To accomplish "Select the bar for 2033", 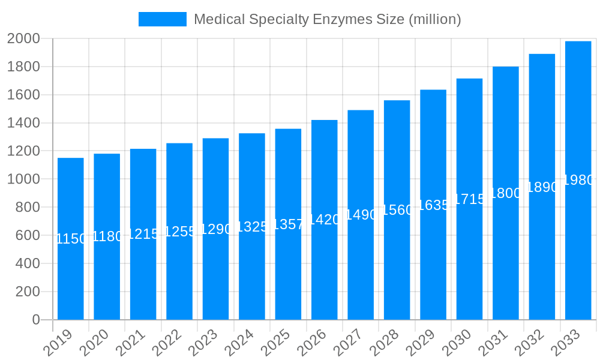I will (578, 180).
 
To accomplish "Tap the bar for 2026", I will (325, 220).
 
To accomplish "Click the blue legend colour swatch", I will (162, 19).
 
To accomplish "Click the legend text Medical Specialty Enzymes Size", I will (327, 19).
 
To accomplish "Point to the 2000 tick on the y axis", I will (23, 39).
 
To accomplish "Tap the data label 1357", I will (288, 224).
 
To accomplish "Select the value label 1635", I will (433, 205).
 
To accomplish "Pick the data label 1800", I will (506, 193).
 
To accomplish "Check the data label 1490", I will (361, 215).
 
